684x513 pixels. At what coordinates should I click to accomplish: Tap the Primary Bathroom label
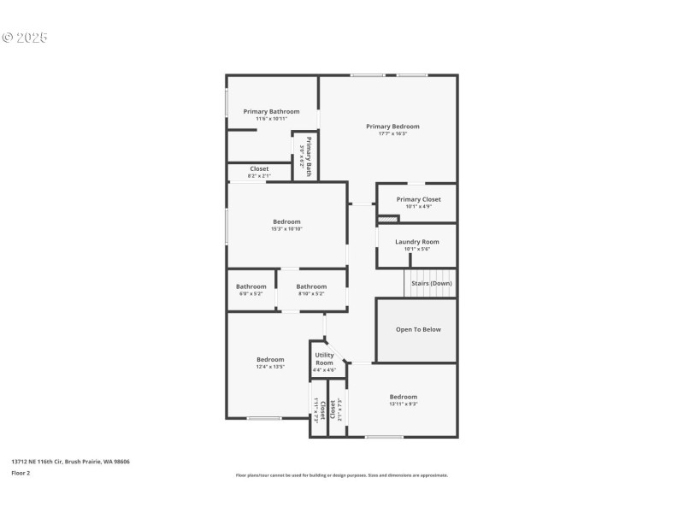tap(271, 111)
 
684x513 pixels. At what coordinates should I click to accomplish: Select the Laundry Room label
tap(416, 242)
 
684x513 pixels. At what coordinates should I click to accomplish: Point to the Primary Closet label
tap(418, 199)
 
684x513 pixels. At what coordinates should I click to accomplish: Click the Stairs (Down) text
tap(432, 283)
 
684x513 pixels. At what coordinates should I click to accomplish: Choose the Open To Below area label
tap(418, 329)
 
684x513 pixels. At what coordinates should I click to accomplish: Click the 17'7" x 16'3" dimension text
tap(392, 133)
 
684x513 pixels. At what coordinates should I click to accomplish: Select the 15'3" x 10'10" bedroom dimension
tap(286, 228)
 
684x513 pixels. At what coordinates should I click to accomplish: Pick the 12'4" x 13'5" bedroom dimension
tap(270, 366)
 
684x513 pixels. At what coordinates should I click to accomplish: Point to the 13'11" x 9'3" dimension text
tap(403, 404)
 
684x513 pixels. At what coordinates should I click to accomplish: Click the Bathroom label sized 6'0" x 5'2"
tap(251, 286)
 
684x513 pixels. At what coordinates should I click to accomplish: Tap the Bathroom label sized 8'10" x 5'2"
tap(311, 286)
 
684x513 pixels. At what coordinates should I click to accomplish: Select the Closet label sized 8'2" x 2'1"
tap(259, 169)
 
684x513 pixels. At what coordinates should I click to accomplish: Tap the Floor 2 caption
tap(21, 472)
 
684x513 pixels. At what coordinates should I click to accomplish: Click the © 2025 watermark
tap(25, 38)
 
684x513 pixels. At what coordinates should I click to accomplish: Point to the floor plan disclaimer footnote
tap(342, 475)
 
